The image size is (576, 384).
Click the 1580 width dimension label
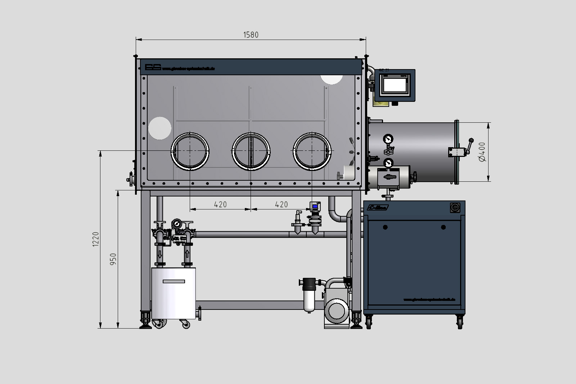251,35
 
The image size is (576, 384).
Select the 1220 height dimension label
95,239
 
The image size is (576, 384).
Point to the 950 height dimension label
113,259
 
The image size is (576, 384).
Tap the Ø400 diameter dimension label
482,152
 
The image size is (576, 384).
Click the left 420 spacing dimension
220,204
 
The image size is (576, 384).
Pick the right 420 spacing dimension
281,204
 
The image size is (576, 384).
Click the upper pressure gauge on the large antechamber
388,139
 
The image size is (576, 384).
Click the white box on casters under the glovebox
174,293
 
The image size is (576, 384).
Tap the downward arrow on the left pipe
159,255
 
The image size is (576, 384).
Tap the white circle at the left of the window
160,128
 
